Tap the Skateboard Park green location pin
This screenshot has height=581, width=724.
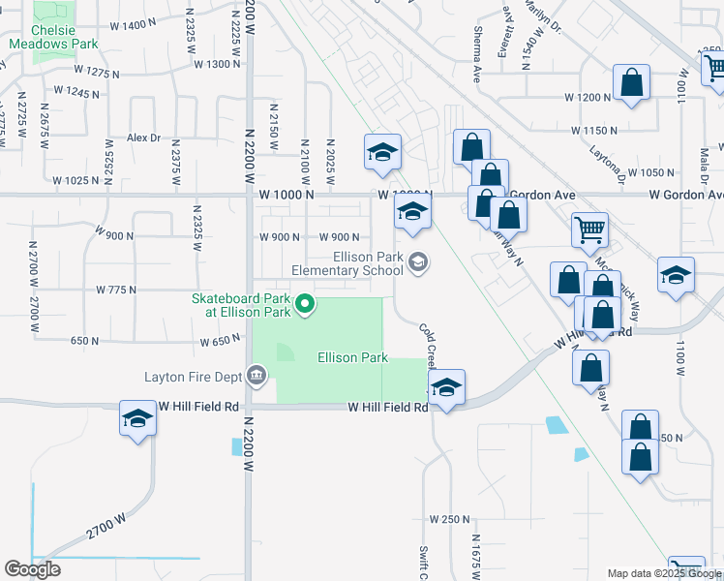tap(305, 305)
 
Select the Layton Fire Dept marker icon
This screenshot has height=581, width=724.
tap(256, 374)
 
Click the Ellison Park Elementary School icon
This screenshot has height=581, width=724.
tap(418, 262)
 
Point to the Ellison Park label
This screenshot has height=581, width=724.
tap(353, 357)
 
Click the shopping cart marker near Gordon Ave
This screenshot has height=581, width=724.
tap(589, 230)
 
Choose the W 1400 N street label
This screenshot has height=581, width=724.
tap(127, 24)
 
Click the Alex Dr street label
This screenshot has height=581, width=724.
tap(142, 138)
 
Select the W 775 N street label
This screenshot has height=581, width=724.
tap(116, 290)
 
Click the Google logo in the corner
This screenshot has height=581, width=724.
tap(32, 569)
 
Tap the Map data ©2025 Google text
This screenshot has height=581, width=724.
tap(664, 573)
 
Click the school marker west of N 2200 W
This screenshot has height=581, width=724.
tap(137, 418)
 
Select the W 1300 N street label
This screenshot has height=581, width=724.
tap(217, 64)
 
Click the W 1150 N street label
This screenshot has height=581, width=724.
tap(594, 130)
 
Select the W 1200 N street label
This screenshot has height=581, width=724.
tap(588, 98)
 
